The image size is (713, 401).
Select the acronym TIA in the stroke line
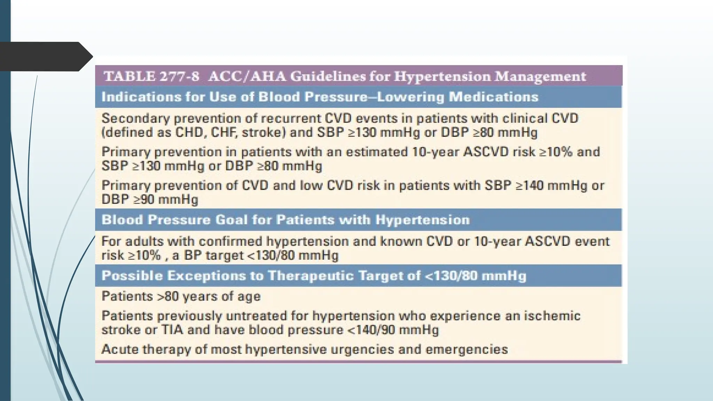coord(172,330)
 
